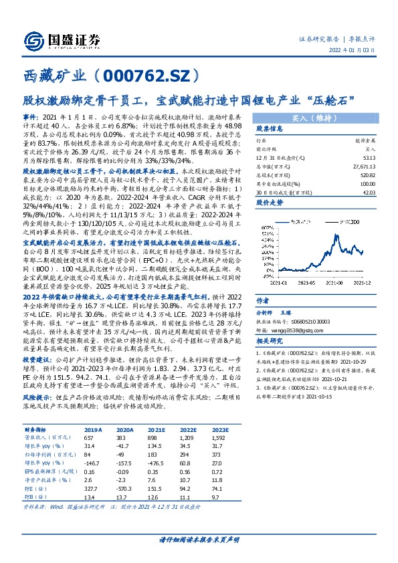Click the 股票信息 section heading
pyautogui.click(x=271, y=128)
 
